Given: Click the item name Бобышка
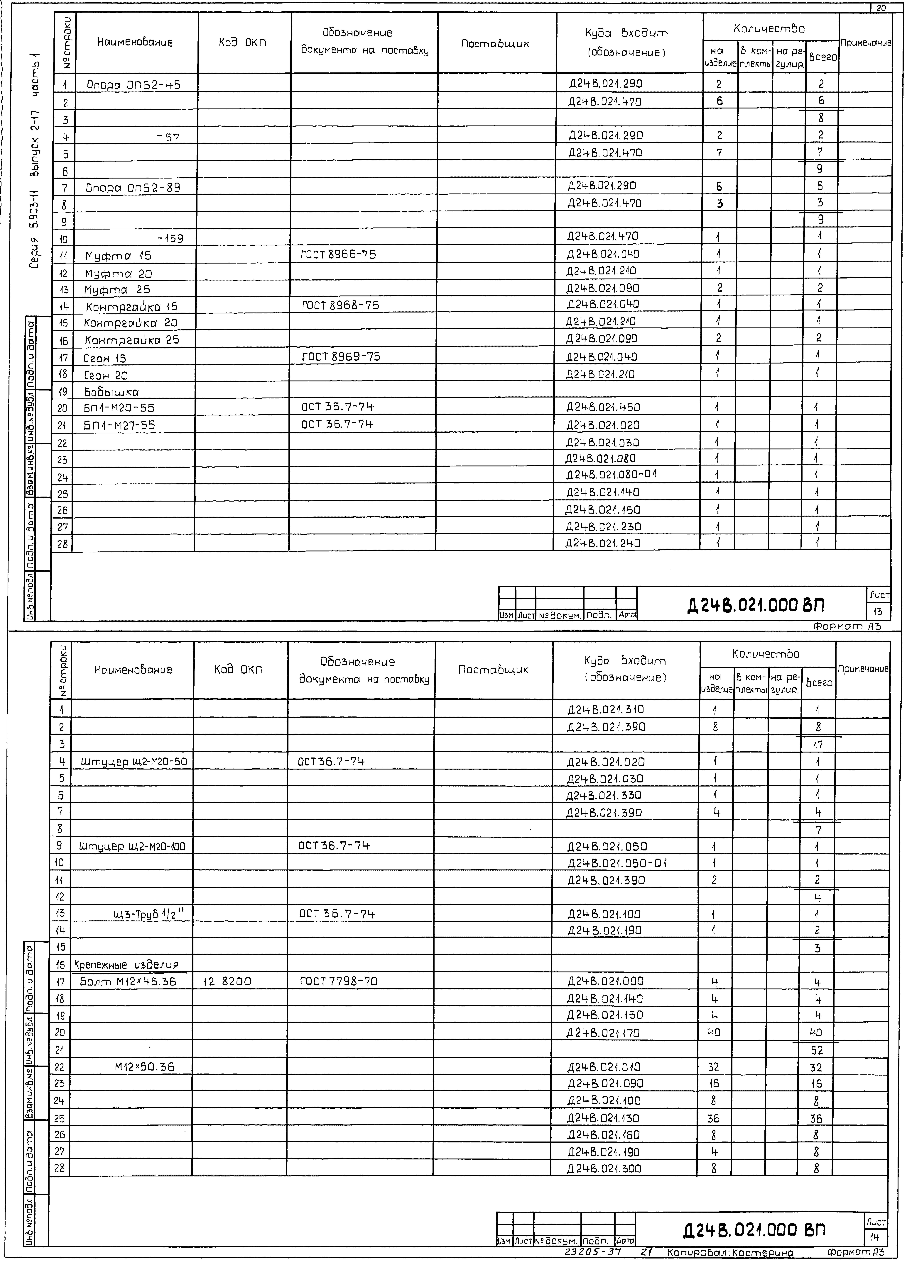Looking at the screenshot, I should coord(111,392).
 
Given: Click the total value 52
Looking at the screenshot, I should coord(817,1051).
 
